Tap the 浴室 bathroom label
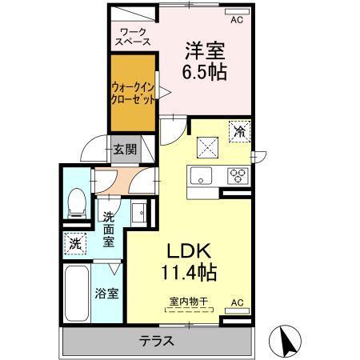pos(109,293)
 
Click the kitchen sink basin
pos(200,176)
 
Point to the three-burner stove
pos(238,176)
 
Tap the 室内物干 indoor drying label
pos(189,302)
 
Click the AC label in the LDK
pos(237,302)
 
